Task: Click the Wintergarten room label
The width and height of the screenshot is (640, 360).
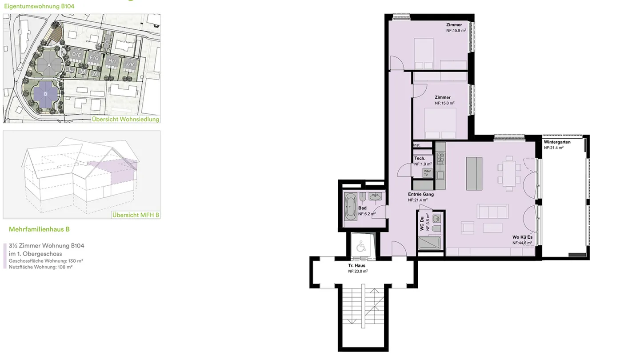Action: (x=557, y=142)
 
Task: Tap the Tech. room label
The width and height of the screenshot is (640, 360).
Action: (x=420, y=159)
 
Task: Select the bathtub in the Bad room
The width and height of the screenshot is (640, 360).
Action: (x=350, y=207)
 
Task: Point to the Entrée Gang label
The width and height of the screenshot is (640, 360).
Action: (x=420, y=194)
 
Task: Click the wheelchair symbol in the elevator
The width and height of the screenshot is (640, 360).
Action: (x=360, y=246)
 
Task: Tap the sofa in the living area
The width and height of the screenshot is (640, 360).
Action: (x=492, y=211)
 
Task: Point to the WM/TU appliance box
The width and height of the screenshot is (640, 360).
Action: (x=427, y=173)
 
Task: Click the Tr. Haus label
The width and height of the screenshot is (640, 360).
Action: (x=356, y=266)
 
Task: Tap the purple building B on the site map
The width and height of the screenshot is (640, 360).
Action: (x=45, y=94)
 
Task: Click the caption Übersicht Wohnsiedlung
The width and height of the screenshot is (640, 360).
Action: (x=125, y=119)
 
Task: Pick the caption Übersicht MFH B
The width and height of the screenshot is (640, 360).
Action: (x=136, y=215)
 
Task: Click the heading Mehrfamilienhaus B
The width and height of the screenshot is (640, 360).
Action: (x=39, y=229)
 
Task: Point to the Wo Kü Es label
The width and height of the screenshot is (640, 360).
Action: (x=522, y=237)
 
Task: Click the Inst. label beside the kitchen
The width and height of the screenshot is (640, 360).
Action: (x=417, y=145)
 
